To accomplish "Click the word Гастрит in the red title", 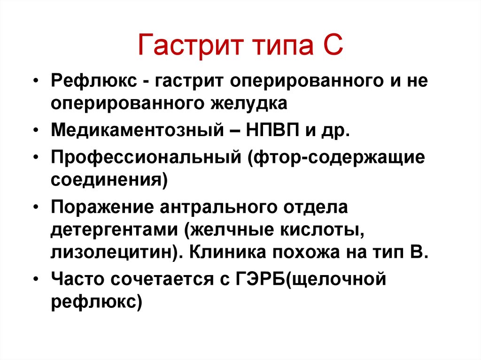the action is tap(191, 46).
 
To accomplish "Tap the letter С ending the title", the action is tap(331, 45).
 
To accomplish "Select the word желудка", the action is tap(248, 103).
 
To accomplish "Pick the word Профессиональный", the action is tap(146, 157).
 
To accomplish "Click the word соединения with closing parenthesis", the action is tap(109, 180).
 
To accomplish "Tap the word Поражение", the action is tap(102, 207).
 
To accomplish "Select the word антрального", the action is tap(218, 207).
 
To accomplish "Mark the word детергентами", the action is tap(114, 230).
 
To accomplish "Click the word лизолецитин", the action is tap(114, 253).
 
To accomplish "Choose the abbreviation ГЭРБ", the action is tap(260, 279).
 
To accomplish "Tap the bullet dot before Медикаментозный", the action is tap(36, 130).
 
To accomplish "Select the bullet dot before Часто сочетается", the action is tap(36, 280).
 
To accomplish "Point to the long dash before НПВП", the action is tap(235, 131).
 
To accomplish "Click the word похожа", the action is tap(306, 253).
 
